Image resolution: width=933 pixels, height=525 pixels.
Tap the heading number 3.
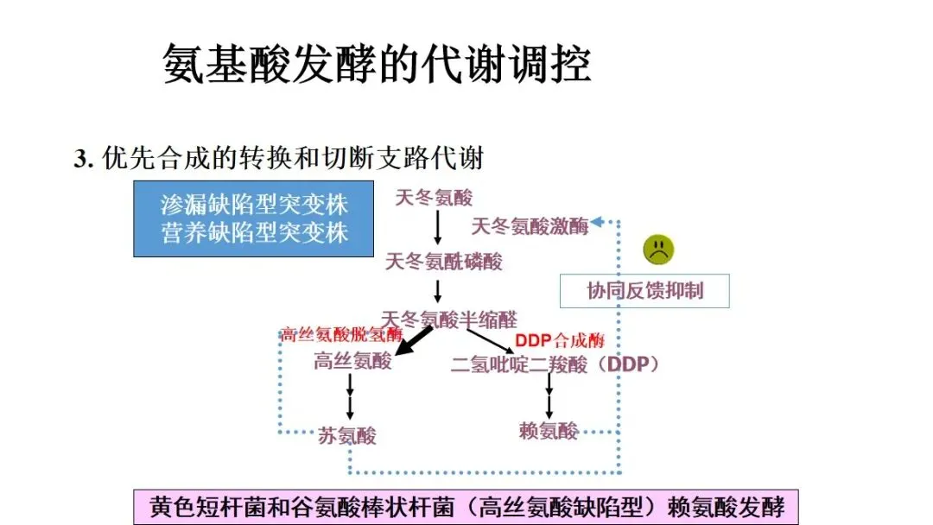83,160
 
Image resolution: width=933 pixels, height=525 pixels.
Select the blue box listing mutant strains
253,218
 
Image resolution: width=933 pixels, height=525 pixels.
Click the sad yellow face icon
658,250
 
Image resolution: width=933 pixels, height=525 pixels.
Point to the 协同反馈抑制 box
644,290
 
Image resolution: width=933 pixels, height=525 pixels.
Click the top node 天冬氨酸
434,198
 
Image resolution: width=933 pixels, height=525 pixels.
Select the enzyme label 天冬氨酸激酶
530,226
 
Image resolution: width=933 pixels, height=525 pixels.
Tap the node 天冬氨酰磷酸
443,261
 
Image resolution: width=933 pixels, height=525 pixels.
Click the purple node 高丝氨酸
352,361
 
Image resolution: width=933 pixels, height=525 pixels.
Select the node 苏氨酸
348,434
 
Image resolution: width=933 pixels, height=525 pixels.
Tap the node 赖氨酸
549,430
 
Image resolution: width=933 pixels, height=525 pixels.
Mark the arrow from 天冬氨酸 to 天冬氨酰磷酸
438,227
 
